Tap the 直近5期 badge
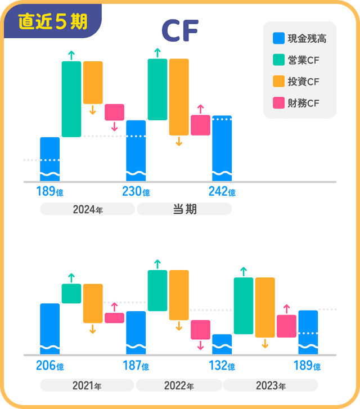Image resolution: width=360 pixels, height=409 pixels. (52, 21)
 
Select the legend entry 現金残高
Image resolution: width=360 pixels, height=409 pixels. (299, 39)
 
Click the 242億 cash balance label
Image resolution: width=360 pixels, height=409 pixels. (222, 192)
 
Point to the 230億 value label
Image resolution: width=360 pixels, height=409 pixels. (136, 192)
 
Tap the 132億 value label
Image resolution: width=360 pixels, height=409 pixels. (222, 366)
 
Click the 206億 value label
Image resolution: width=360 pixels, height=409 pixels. (49, 366)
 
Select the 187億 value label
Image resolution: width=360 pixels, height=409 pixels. (136, 366)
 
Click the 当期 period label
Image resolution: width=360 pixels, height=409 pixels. (184, 209)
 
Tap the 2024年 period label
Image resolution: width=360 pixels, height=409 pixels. (87, 209)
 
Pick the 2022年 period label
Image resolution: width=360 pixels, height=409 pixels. (179, 385)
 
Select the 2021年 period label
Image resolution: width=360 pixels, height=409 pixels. (87, 385)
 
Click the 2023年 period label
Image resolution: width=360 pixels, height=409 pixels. (270, 385)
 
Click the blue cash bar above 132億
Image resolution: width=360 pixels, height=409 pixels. (222, 344)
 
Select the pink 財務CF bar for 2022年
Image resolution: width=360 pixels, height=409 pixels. (200, 330)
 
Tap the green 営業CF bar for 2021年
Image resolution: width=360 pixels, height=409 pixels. (71, 293)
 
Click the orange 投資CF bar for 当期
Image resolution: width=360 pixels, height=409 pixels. (179, 97)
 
